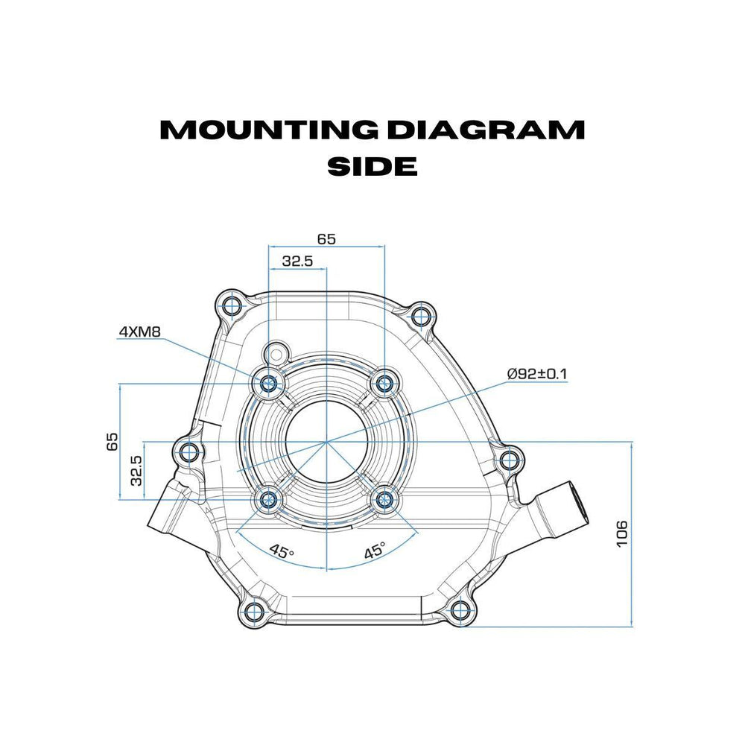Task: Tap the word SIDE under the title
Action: point(372,166)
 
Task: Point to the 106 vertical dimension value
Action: point(622,533)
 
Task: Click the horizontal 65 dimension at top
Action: point(326,239)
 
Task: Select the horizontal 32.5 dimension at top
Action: point(297,261)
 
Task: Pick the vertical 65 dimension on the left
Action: point(112,441)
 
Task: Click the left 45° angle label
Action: point(281,552)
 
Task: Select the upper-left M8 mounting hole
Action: point(269,384)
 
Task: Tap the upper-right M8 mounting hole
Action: point(384,384)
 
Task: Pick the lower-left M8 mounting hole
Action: point(268,501)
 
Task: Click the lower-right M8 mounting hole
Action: point(384,501)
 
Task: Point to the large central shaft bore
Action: point(326,443)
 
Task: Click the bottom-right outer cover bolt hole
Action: point(462,613)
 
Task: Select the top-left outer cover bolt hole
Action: point(230,305)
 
